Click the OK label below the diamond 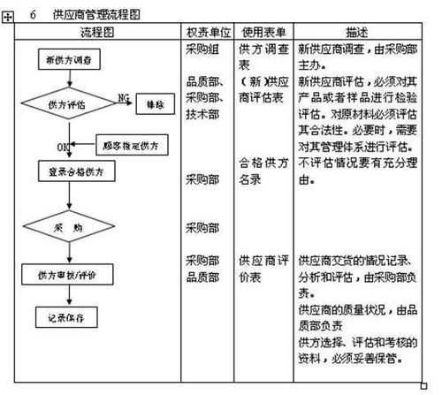pyautogui.click(x=62, y=145)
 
